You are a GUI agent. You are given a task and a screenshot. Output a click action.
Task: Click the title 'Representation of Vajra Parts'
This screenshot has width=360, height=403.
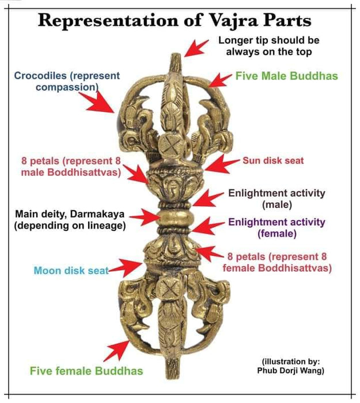(x=175, y=21)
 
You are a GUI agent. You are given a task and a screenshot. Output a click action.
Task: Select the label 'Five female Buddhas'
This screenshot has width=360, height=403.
(x=86, y=370)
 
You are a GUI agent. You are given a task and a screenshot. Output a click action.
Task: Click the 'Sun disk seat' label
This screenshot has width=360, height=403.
(x=272, y=161)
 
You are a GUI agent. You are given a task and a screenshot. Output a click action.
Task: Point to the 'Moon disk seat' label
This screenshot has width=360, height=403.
(x=71, y=270)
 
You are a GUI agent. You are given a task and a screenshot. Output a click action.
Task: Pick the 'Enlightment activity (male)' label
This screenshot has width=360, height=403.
(x=277, y=199)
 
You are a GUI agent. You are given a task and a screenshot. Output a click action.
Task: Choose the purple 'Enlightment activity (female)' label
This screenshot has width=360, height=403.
(x=277, y=227)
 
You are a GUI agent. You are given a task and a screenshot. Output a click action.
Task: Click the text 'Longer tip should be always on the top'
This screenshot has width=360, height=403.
(x=268, y=46)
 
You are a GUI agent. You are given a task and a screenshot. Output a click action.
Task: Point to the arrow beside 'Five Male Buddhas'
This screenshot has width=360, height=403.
(x=220, y=79)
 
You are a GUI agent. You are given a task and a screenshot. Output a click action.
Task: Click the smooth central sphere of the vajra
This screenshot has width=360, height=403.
(x=172, y=218)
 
